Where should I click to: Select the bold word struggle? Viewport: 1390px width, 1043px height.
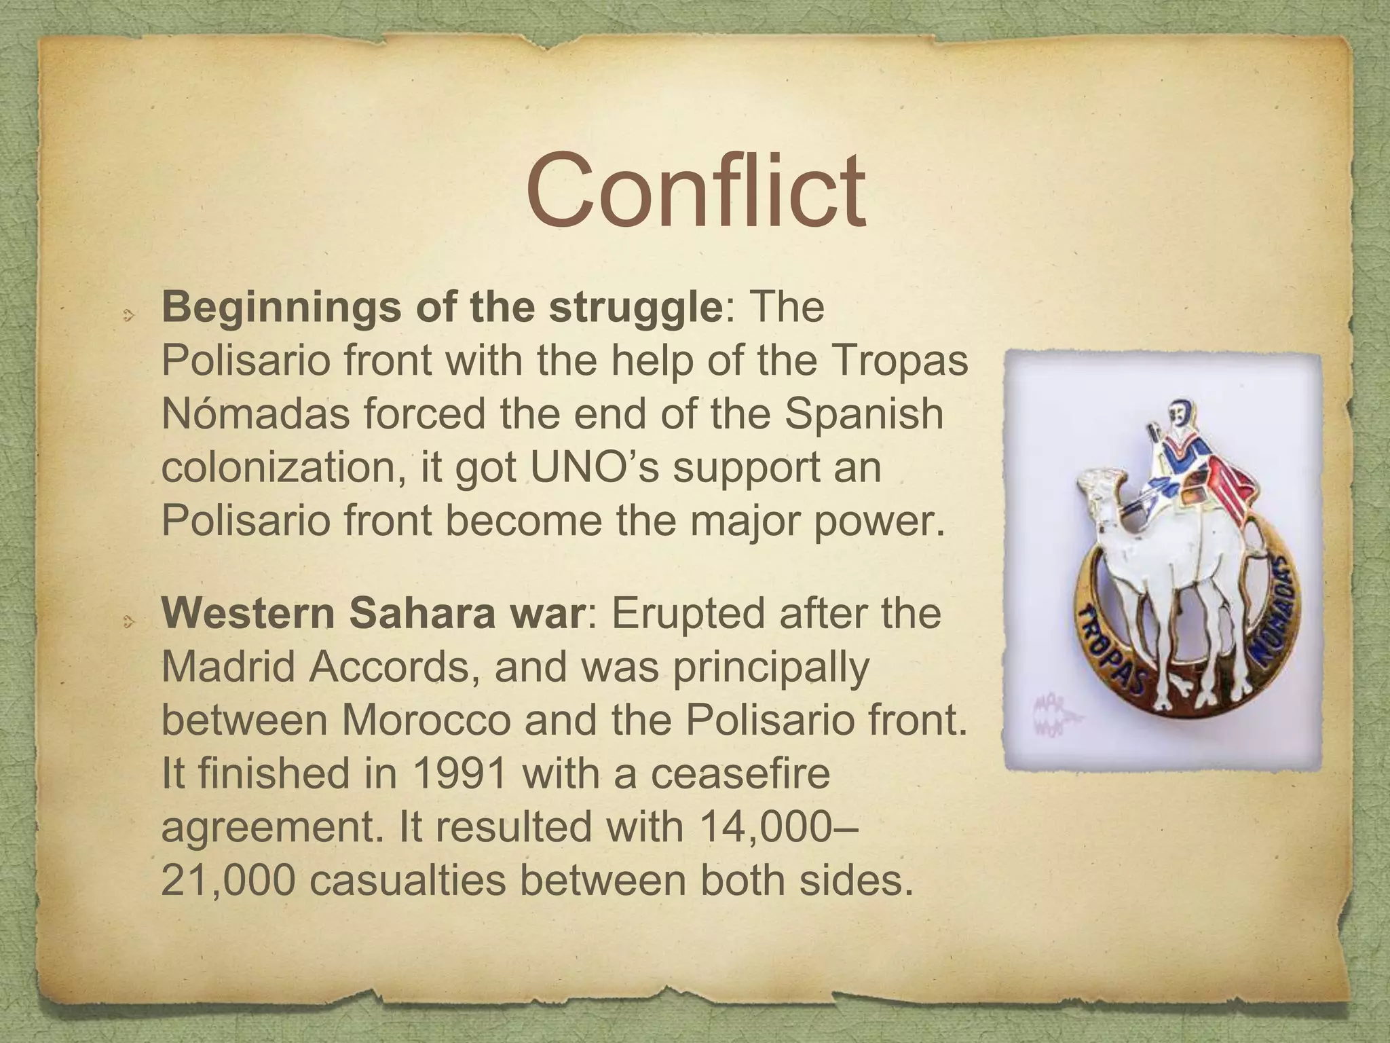(635, 308)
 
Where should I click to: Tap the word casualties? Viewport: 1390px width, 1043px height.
(409, 880)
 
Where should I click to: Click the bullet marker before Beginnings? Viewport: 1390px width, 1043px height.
(128, 314)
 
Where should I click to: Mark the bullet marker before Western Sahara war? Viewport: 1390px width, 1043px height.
(128, 620)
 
